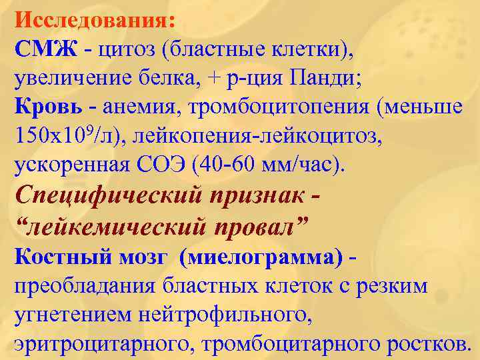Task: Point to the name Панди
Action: (x=325, y=79)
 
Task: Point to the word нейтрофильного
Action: (x=214, y=315)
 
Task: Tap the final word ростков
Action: (x=423, y=344)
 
